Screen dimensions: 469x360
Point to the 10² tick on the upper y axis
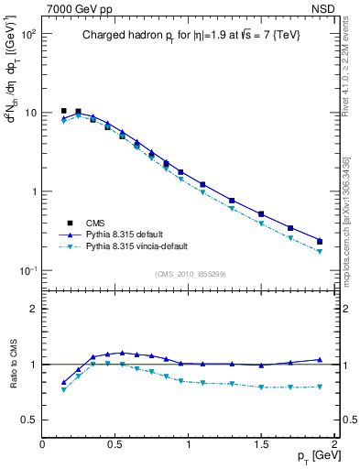pos(27,34)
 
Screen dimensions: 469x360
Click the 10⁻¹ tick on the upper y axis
pos(27,271)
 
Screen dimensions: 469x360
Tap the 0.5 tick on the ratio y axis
pos(29,420)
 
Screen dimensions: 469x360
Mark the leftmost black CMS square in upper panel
pos(64,111)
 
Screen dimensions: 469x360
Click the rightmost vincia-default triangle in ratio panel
pos(319,387)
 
